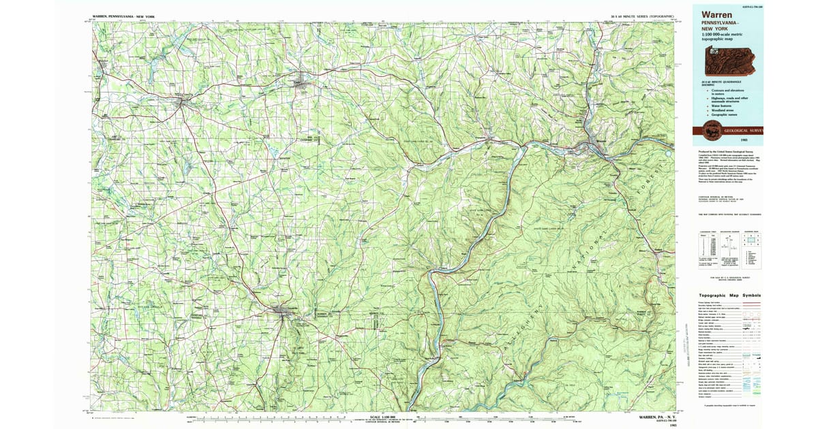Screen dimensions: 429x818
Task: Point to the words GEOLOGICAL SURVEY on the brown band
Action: (743, 130)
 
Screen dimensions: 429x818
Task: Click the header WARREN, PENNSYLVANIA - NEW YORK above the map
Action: (122, 15)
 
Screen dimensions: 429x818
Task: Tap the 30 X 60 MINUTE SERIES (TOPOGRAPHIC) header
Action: (643, 15)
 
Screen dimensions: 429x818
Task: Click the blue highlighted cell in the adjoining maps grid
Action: (751, 240)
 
